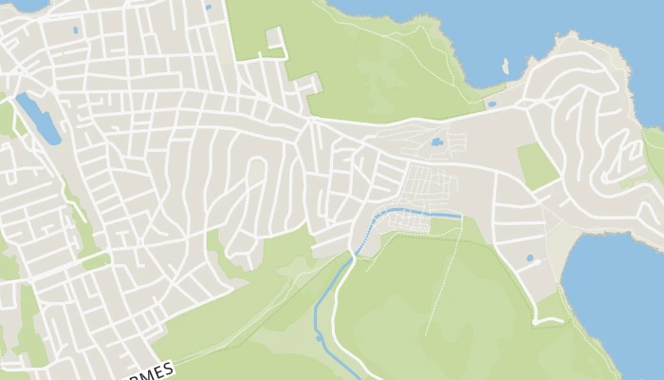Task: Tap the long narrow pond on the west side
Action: pos(37,119)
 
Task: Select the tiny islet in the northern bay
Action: pos(506,66)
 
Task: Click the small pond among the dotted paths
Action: pos(435,142)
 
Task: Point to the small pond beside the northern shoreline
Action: pos(490,104)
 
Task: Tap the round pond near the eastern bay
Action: pos(529,257)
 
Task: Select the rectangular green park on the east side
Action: pos(537,166)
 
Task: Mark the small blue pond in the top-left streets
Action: pos(75,30)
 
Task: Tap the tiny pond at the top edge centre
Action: pos(208,8)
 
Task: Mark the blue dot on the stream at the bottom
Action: pos(319,337)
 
